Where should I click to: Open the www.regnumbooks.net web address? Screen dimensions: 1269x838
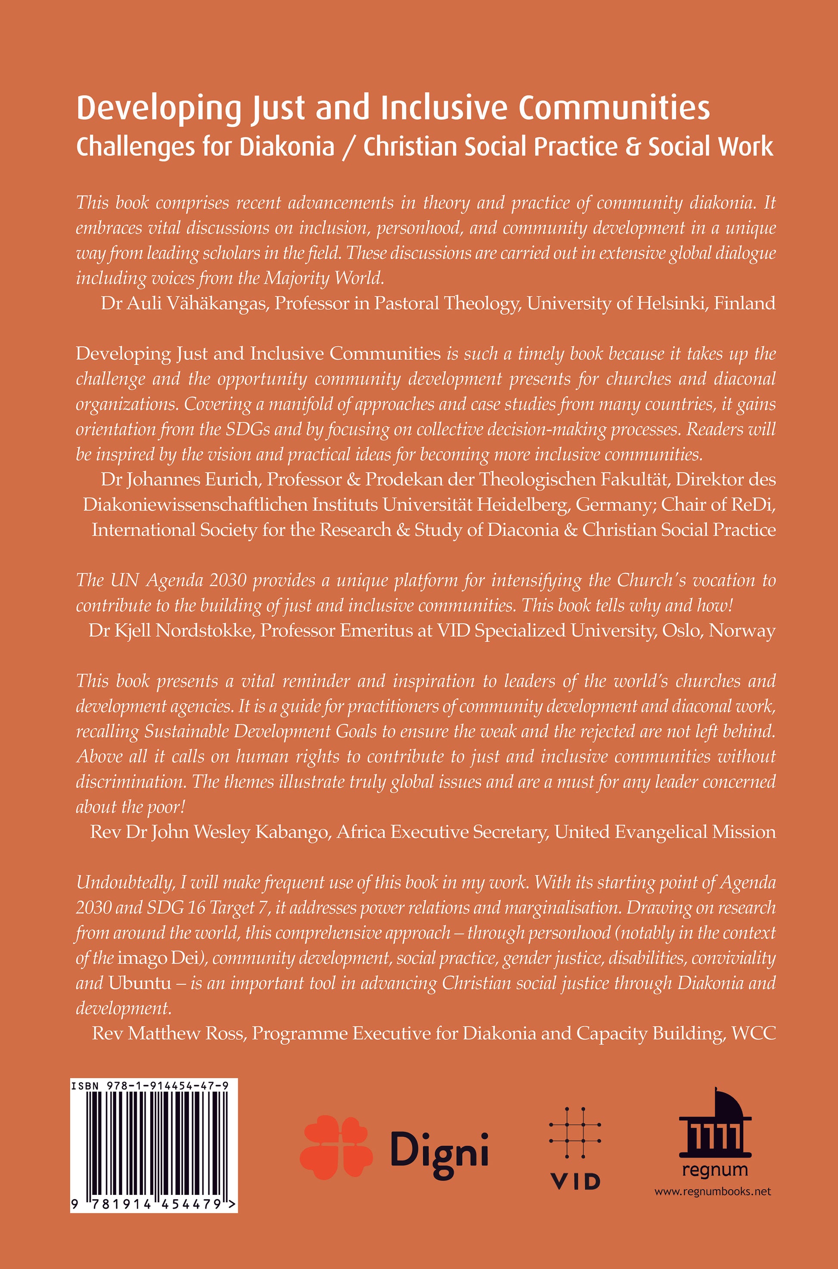click(x=713, y=1191)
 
